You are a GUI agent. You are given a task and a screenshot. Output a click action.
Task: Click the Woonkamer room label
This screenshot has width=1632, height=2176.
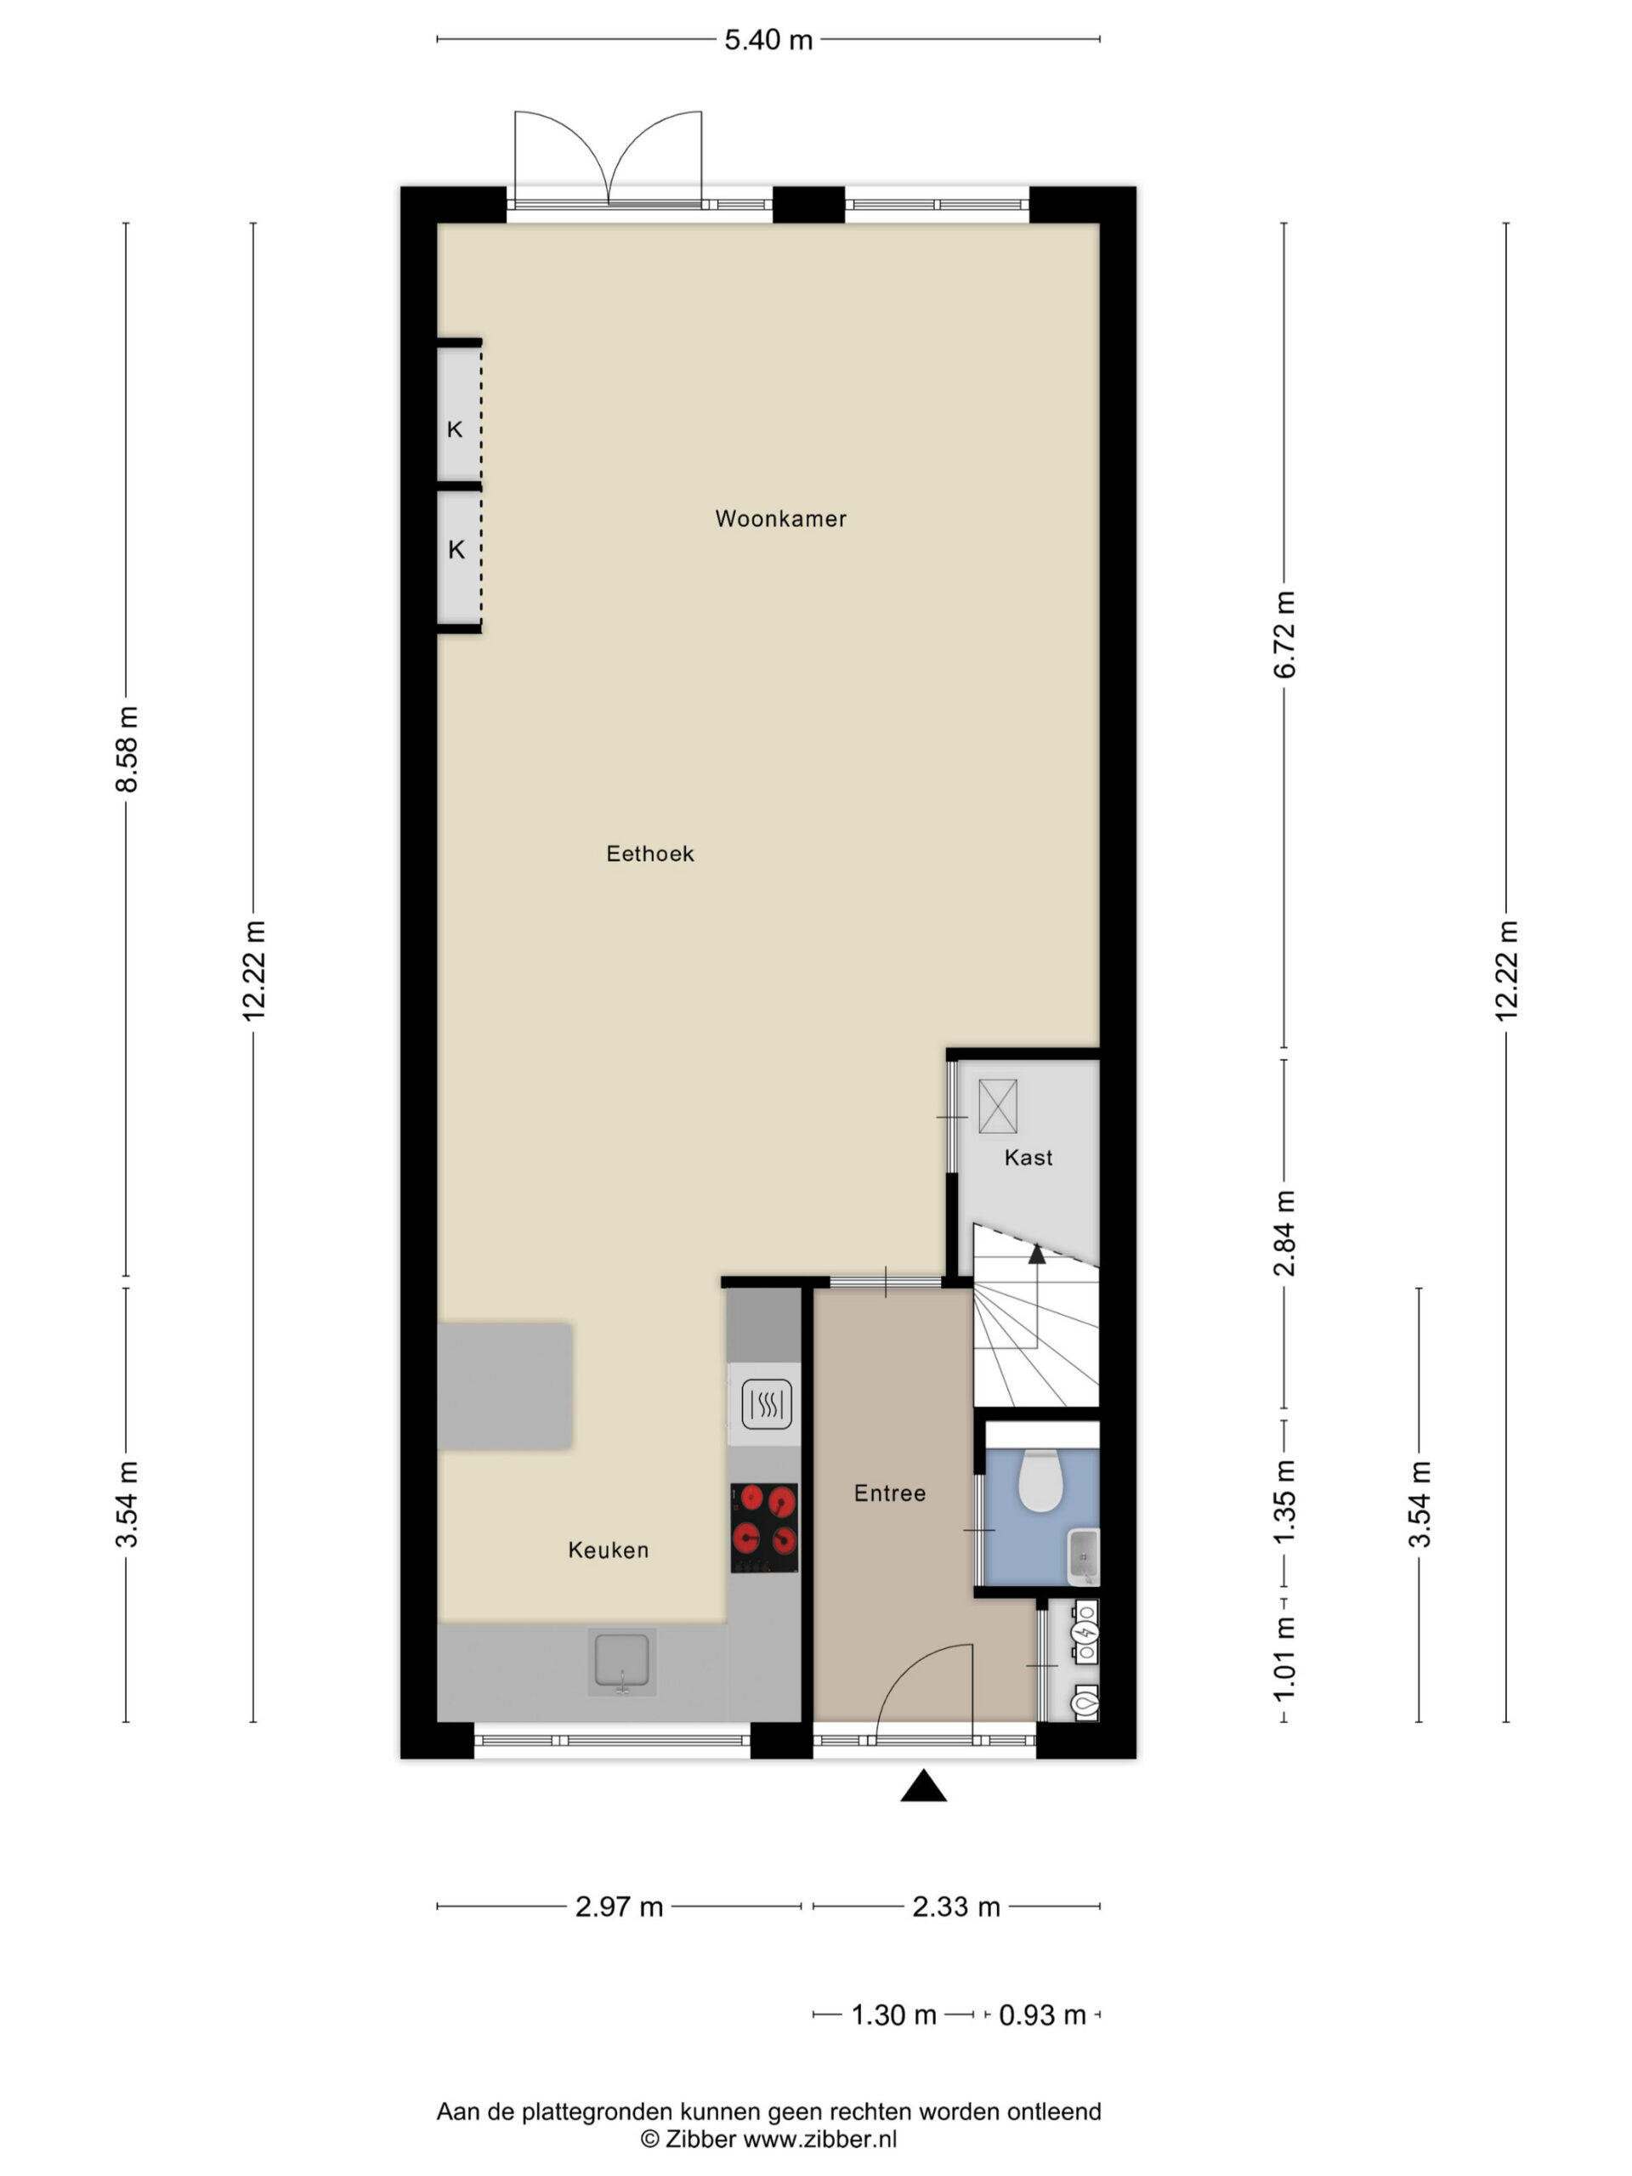click(780, 518)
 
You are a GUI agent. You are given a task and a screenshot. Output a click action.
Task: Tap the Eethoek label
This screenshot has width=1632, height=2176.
click(650, 854)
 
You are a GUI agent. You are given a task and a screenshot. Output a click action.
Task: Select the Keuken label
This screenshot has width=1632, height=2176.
click(609, 1550)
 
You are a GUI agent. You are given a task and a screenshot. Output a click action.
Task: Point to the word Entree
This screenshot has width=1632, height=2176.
click(890, 1493)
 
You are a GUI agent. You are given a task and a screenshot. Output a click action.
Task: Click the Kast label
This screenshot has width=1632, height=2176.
click(1028, 1158)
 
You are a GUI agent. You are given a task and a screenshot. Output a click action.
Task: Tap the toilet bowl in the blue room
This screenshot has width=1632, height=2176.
click(1038, 1481)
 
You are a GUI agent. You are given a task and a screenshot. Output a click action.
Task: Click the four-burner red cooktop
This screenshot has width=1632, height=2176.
click(764, 1527)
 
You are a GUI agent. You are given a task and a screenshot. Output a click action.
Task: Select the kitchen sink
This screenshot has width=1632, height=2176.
click(621, 1663)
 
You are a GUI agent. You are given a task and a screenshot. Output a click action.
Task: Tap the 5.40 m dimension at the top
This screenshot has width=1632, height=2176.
click(768, 39)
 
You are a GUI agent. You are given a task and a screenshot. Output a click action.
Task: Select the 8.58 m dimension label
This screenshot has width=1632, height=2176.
click(127, 750)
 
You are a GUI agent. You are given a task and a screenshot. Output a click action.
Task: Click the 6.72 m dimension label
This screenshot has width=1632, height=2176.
click(1284, 634)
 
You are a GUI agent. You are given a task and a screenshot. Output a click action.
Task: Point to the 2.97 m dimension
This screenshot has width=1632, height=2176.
click(619, 1907)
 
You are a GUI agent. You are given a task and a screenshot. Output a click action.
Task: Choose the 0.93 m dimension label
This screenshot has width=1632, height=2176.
click(1042, 2014)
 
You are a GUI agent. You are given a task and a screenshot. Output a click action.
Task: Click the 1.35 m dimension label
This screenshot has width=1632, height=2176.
click(1284, 1502)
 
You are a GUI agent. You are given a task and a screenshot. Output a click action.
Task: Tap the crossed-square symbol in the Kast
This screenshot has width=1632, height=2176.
click(998, 1107)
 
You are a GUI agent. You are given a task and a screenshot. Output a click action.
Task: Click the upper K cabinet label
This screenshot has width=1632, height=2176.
click(455, 429)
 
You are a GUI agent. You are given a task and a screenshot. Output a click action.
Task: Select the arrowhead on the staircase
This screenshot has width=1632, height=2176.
click(1037, 1253)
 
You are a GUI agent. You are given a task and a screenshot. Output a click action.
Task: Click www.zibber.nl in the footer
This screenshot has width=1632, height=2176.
click(819, 2138)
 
